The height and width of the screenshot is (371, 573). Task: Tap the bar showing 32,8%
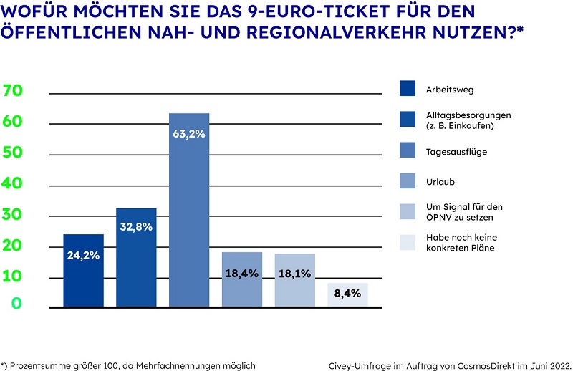[136, 258]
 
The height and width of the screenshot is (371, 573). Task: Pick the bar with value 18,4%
[242, 279]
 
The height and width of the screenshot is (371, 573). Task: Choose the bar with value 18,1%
[295, 280]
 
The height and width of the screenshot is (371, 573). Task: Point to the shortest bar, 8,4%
[348, 295]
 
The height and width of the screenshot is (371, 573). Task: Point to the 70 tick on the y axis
[14, 91]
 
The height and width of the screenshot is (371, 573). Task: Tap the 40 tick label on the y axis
[14, 184]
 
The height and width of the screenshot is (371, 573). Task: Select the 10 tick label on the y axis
[14, 276]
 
